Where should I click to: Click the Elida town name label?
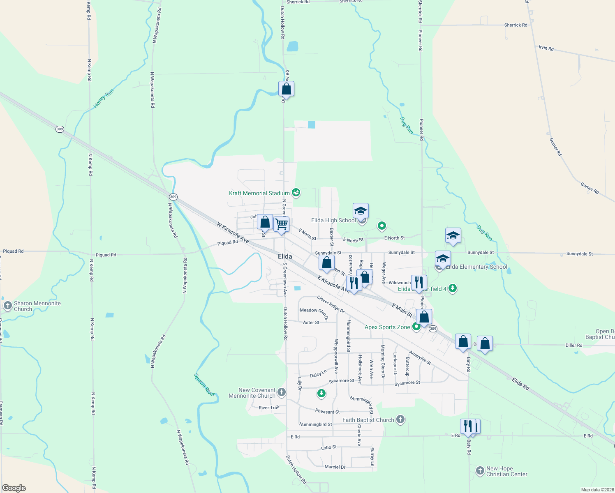click(285, 256)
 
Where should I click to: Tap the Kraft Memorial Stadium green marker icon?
click(296, 192)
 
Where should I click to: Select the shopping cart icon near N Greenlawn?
click(282, 224)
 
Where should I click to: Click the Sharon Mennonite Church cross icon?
click(7, 306)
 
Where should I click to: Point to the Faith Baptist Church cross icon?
click(400, 419)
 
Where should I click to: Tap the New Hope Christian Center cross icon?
click(480, 471)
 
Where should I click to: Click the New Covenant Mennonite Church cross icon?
click(282, 392)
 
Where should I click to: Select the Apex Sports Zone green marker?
click(416, 327)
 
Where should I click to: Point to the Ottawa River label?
click(204, 385)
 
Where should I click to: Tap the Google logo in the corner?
click(14, 488)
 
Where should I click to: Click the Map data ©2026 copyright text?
click(596, 490)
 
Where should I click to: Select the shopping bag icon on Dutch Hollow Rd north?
click(286, 89)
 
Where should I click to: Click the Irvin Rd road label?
click(546, 48)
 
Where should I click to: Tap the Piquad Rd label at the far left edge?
click(13, 251)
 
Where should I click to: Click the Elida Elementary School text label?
click(476, 267)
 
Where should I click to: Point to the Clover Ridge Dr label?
click(330, 304)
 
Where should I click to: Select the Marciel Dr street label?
click(335, 467)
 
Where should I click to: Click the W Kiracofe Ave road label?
click(233, 233)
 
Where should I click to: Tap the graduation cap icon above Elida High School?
click(361, 211)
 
